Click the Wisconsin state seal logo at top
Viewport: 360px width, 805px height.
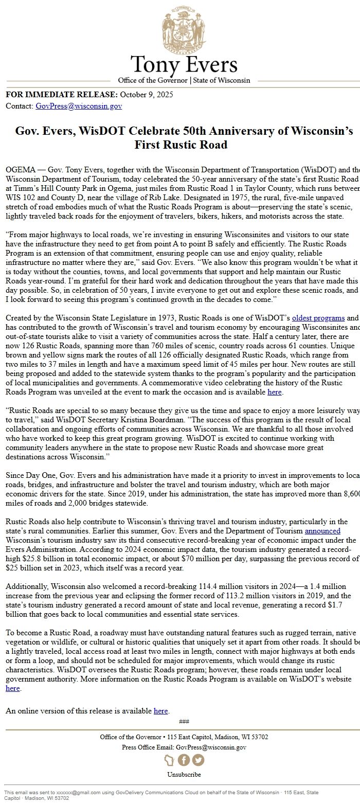[x=184, y=30]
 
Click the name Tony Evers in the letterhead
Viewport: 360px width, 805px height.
[x=184, y=65]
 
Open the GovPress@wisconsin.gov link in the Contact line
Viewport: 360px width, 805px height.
[x=79, y=106]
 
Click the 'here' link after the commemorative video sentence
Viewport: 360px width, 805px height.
[x=275, y=392]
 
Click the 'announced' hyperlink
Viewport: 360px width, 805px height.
[x=322, y=530]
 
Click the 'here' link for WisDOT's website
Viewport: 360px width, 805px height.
[x=12, y=688]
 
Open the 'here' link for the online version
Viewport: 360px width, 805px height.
[x=160, y=711]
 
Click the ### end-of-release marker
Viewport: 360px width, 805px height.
[x=184, y=721]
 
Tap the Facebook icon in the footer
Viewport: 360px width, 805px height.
[x=184, y=760]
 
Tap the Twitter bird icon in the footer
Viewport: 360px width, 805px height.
[x=198, y=760]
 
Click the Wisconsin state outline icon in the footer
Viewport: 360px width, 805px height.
[x=169, y=760]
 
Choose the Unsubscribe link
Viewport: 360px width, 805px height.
[x=184, y=774]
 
